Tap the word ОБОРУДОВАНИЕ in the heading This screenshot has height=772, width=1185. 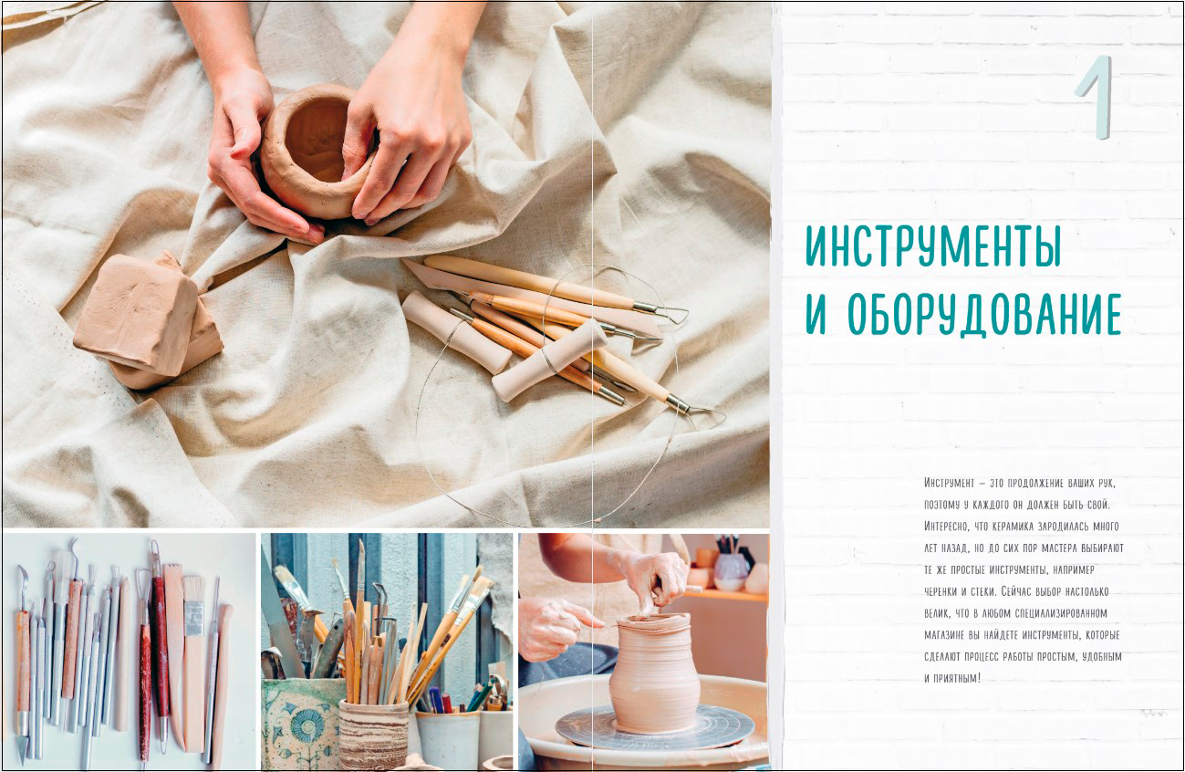coord(985,315)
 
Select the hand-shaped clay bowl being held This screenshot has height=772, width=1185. coord(312,151)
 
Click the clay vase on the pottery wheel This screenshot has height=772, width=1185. coord(654,672)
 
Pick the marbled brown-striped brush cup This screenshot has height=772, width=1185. coord(373,735)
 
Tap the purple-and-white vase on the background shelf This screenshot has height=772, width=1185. coord(731,571)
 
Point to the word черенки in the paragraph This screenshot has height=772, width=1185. coord(941,591)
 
